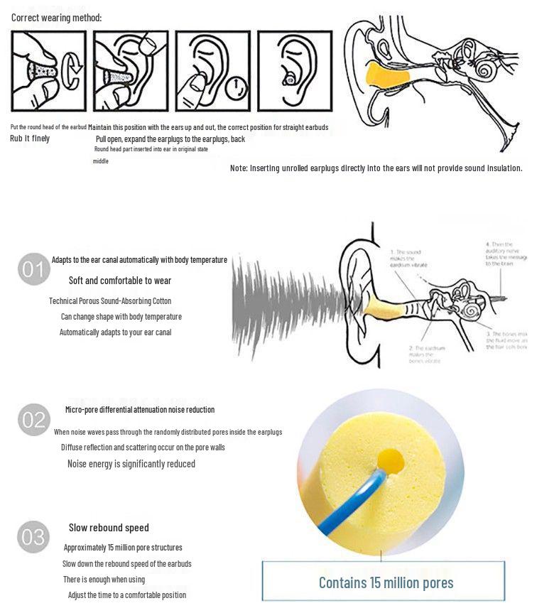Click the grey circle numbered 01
coord(33,270)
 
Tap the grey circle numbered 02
coord(33,420)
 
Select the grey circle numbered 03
coord(33,537)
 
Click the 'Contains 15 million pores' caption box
coord(385,582)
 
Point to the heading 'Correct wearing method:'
coord(56,17)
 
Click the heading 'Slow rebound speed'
coord(109,528)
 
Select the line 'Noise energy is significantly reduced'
coord(131,464)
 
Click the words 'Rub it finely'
coord(30,139)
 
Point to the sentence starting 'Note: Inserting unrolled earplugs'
coord(376,168)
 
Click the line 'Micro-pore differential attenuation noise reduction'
coord(139,410)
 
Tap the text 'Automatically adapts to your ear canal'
coord(115,332)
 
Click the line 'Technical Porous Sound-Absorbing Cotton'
coord(110,301)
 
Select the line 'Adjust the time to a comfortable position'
coord(126,595)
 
